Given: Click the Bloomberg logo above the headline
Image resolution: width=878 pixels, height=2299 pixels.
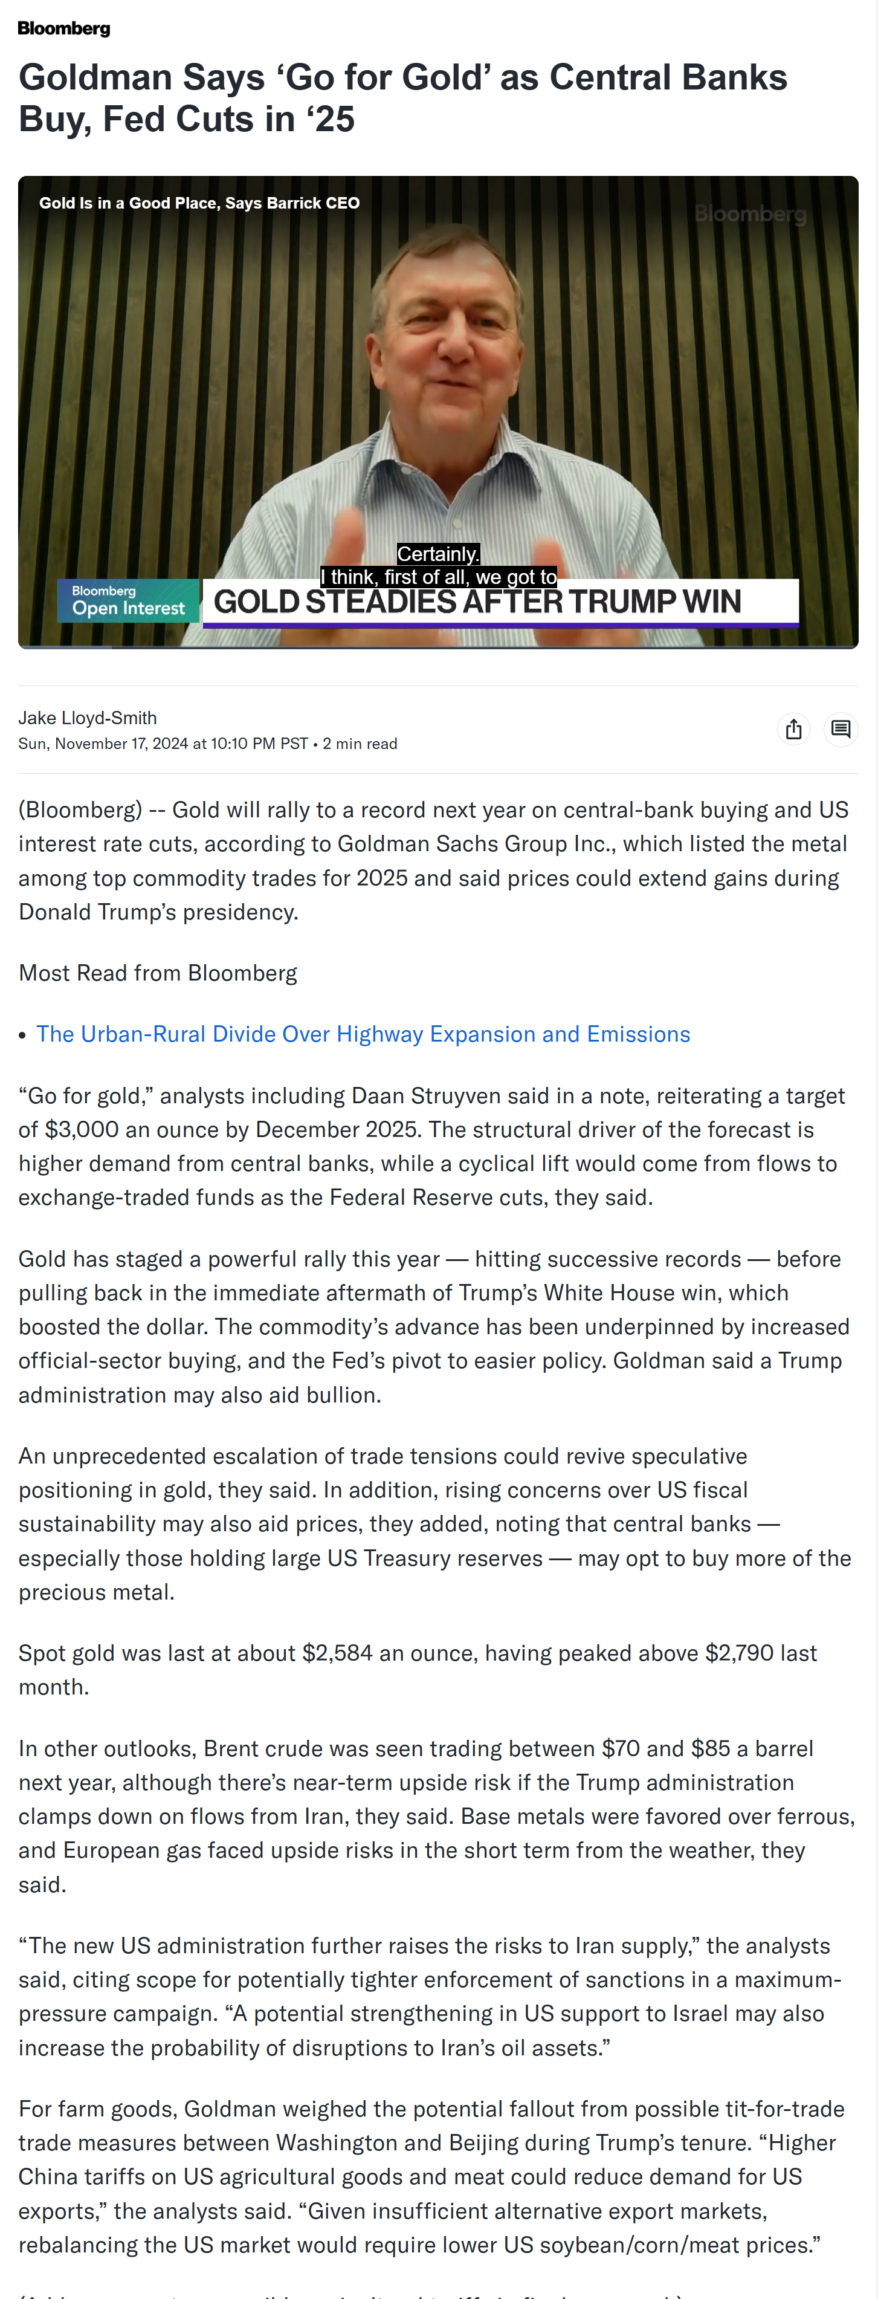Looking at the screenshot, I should pyautogui.click(x=63, y=28).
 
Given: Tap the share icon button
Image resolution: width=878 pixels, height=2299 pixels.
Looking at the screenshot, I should pyautogui.click(x=793, y=729).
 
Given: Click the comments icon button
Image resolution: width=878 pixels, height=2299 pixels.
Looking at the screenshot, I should pyautogui.click(x=841, y=729).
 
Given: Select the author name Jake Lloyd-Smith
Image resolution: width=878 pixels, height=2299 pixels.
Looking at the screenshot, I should pyautogui.click(x=88, y=718).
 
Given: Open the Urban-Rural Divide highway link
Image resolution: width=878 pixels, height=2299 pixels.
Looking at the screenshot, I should pyautogui.click(x=363, y=1034).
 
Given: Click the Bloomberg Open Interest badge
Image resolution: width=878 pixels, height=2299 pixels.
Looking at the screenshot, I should pyautogui.click(x=129, y=601).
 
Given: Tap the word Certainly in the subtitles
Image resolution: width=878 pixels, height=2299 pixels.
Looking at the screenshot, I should pyautogui.click(x=437, y=554).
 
